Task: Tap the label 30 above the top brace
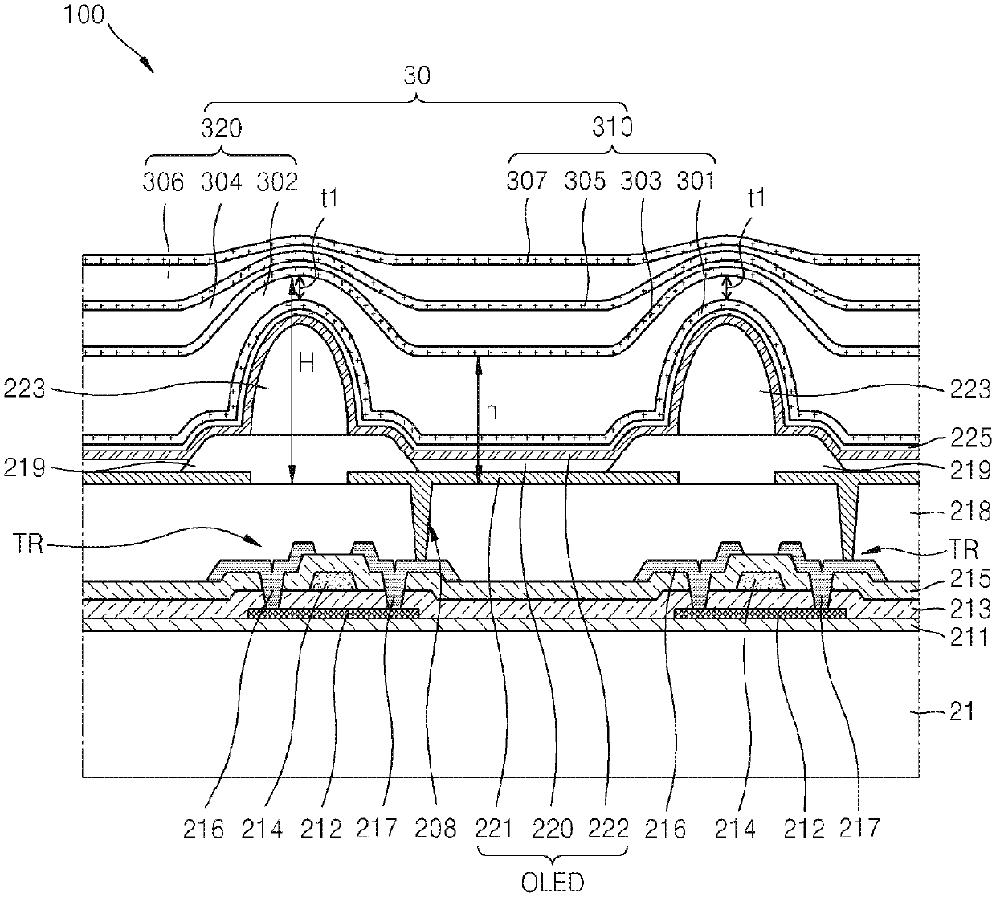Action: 418,76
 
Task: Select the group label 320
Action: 222,128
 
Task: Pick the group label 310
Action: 613,126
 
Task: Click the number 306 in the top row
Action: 163,181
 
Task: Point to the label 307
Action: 527,181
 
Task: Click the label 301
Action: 696,181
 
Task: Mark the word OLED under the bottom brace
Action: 553,883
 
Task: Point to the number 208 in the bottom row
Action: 438,828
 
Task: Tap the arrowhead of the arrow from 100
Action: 150,69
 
